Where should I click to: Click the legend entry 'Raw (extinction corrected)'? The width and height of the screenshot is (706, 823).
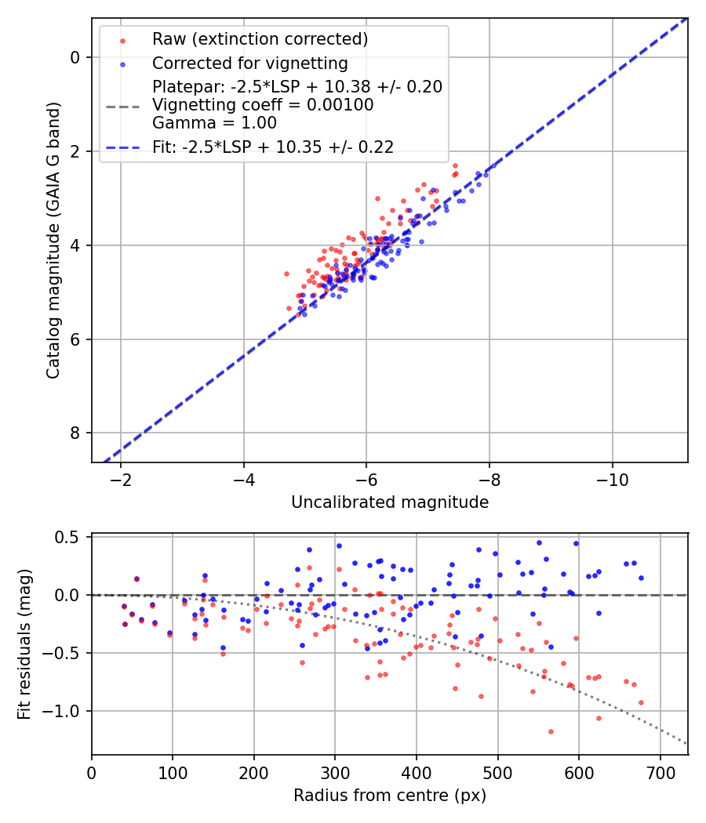260,39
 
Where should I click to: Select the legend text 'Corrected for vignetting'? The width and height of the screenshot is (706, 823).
249,63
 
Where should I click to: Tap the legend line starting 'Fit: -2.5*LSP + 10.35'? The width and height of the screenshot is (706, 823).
273,146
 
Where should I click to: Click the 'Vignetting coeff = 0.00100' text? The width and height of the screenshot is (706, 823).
263,104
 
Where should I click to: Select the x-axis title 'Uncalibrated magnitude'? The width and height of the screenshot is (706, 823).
390,502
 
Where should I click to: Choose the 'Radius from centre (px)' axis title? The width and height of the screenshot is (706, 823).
390,796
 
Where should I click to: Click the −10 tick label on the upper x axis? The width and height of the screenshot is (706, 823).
613,480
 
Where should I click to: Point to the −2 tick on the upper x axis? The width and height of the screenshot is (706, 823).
121,480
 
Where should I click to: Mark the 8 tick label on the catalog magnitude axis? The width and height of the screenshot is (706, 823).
76,433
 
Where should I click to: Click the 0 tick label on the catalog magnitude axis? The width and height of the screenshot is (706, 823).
76,57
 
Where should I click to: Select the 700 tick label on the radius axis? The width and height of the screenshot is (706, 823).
660,772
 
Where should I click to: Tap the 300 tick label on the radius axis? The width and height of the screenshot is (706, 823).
335,772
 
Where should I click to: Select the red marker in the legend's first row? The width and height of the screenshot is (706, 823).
122,40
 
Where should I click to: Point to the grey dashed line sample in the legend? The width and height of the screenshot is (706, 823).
122,104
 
